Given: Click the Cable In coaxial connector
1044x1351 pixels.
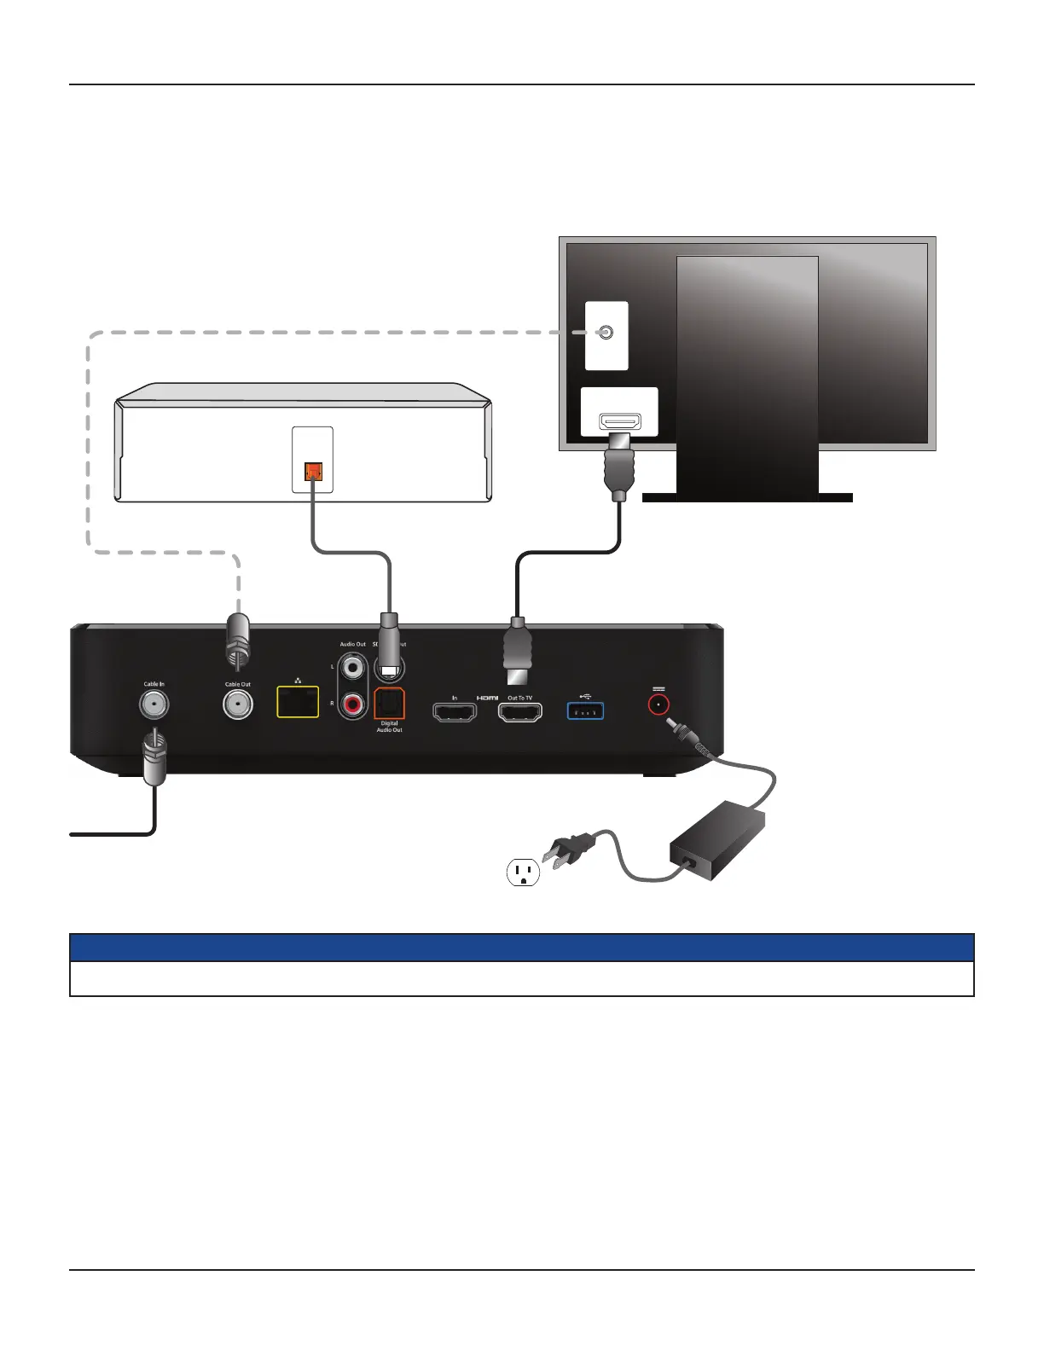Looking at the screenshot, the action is pyautogui.click(x=154, y=704).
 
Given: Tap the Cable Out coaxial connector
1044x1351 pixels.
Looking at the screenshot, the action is pyautogui.click(x=238, y=704).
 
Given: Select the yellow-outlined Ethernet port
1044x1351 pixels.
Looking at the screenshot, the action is pyautogui.click(x=298, y=702).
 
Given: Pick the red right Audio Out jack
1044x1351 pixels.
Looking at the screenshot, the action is pyautogui.click(x=352, y=704).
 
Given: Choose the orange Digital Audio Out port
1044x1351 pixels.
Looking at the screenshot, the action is pyautogui.click(x=389, y=704).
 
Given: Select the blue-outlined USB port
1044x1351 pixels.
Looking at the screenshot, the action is pyautogui.click(x=585, y=710).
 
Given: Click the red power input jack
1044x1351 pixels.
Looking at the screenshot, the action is pyautogui.click(x=658, y=704).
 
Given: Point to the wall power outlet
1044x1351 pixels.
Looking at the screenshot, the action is pyautogui.click(x=523, y=872).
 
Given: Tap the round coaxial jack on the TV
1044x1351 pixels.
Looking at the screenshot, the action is pyautogui.click(x=606, y=332).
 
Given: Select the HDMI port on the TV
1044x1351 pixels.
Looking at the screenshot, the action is pyautogui.click(x=620, y=421).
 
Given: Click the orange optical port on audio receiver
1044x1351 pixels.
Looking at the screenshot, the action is pyautogui.click(x=313, y=472).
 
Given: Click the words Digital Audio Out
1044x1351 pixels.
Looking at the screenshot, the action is pyautogui.click(x=389, y=727).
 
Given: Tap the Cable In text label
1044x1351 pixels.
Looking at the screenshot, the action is pyautogui.click(x=154, y=684).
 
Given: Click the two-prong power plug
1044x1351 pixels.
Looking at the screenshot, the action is pyautogui.click(x=563, y=849).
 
